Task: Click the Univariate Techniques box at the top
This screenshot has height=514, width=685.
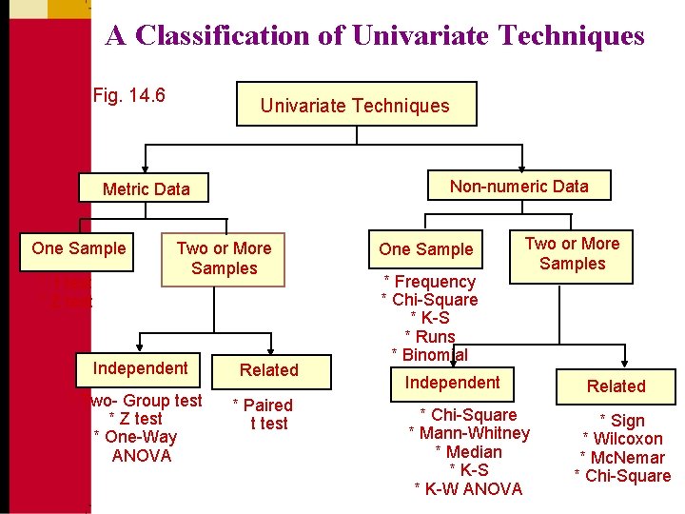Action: [x=355, y=106]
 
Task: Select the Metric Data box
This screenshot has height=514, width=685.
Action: [x=146, y=188]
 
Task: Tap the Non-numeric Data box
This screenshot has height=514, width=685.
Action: [x=519, y=187]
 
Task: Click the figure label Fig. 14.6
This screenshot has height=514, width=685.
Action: [x=129, y=95]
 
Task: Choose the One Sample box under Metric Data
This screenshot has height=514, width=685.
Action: [x=78, y=248]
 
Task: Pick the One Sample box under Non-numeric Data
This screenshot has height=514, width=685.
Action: [x=425, y=249]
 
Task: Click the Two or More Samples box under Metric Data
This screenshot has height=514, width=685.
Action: [x=224, y=258]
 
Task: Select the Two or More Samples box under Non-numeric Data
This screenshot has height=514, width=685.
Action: [x=572, y=253]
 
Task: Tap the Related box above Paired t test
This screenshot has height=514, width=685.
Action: [x=268, y=369]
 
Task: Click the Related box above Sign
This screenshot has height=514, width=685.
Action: [x=616, y=385]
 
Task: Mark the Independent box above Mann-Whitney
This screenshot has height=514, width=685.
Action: [x=452, y=383]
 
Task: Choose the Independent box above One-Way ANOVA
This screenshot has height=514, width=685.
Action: [x=140, y=368]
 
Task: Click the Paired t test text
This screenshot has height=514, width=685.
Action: [x=265, y=414]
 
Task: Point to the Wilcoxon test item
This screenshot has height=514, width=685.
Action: [x=622, y=439]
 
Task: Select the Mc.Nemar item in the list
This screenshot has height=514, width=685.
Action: [x=623, y=458]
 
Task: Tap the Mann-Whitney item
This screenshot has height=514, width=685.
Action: [x=469, y=433]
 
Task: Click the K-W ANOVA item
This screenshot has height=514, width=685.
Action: [x=468, y=488]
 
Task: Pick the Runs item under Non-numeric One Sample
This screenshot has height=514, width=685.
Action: [x=429, y=336]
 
